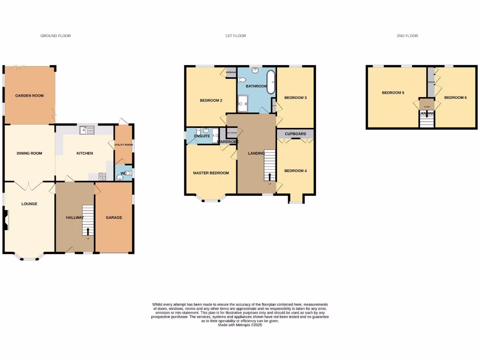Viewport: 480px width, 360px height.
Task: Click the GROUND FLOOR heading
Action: (55, 36)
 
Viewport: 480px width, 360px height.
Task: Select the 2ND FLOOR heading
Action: (407, 36)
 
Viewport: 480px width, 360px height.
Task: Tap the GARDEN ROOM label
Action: (29, 96)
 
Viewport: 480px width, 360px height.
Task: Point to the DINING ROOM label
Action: (29, 153)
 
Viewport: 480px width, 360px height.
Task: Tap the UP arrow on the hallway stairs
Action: (88, 231)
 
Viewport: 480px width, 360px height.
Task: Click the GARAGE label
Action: (113, 217)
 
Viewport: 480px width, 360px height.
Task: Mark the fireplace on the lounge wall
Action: (6, 220)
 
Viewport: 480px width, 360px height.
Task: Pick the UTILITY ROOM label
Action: (124, 145)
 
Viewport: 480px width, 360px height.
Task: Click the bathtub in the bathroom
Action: (271, 82)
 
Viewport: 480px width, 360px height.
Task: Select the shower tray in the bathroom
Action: (244, 104)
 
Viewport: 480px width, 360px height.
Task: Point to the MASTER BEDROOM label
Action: (211, 173)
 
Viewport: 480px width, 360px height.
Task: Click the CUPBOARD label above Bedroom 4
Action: (295, 134)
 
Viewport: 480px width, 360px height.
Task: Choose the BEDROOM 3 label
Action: (295, 97)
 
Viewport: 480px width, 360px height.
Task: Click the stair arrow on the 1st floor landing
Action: (270, 176)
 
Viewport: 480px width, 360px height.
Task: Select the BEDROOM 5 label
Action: (393, 93)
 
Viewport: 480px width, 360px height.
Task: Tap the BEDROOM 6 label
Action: (455, 97)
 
